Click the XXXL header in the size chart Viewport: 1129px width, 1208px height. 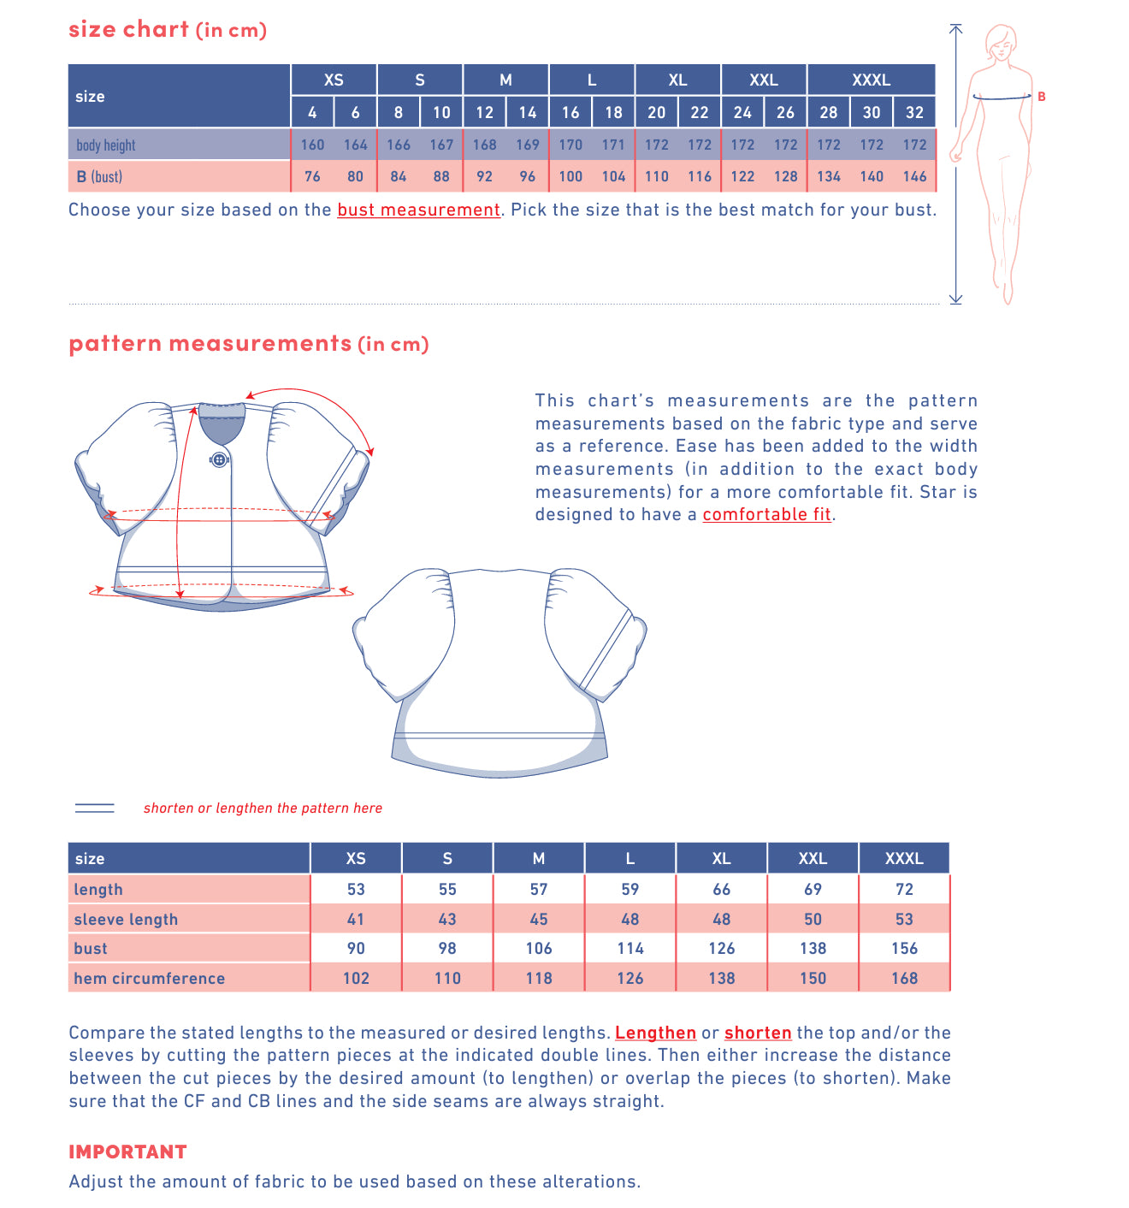click(x=871, y=80)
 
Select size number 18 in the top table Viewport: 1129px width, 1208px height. click(x=613, y=112)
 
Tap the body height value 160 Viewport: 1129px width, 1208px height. click(x=312, y=145)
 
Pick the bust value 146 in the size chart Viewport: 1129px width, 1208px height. click(x=914, y=176)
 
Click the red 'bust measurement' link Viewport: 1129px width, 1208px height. click(x=418, y=210)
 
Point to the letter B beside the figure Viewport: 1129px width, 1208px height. click(x=1041, y=97)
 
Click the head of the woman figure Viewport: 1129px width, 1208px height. click(x=1000, y=41)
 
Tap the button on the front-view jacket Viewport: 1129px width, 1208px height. click(x=219, y=459)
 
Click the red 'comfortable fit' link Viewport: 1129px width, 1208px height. click(x=766, y=514)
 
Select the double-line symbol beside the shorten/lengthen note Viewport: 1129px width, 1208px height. click(x=95, y=808)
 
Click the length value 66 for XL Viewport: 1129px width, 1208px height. click(x=721, y=889)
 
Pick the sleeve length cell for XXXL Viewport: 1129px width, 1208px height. click(x=904, y=919)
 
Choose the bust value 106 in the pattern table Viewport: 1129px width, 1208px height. click(x=539, y=948)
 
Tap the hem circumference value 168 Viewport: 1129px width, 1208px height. click(x=904, y=978)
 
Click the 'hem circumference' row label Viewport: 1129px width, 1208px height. click(x=150, y=978)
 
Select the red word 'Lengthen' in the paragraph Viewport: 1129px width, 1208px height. click(x=655, y=1033)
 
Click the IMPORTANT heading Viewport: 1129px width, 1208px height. click(x=127, y=1152)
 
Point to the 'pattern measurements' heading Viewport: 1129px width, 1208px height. click(x=210, y=343)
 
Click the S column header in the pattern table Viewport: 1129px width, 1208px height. click(x=447, y=858)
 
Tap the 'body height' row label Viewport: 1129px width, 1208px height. click(x=106, y=145)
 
